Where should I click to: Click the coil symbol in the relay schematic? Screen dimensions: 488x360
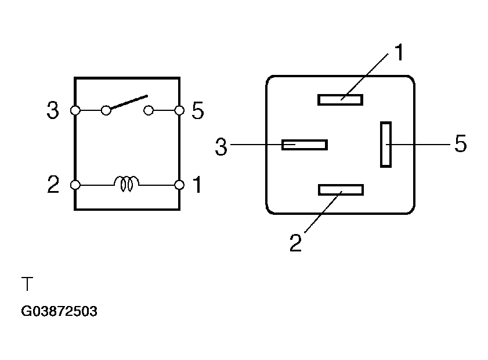(x=126, y=183)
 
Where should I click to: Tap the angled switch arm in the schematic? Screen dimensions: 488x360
(x=129, y=102)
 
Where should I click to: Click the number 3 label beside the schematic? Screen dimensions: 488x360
(x=53, y=110)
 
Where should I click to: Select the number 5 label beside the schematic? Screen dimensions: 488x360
(x=198, y=110)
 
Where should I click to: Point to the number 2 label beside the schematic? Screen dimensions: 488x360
(x=53, y=184)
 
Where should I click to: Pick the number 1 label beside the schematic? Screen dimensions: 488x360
(x=197, y=184)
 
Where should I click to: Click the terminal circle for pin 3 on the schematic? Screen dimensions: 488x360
(x=75, y=110)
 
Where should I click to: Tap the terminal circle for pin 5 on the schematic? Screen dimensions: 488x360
(x=179, y=110)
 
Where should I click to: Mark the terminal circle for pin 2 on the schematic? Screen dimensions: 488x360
(x=75, y=185)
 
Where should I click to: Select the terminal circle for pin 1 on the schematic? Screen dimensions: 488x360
(x=179, y=185)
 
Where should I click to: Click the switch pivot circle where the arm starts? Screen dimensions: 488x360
(x=106, y=110)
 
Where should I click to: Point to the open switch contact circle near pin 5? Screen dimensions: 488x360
(x=149, y=110)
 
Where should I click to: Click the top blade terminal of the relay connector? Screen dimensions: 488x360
(x=340, y=100)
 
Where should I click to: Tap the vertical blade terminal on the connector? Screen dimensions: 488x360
(x=386, y=145)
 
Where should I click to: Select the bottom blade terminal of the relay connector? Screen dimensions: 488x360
(x=341, y=190)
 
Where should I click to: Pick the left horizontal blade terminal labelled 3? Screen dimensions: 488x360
(x=305, y=145)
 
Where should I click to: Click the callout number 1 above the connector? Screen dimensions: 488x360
(x=399, y=52)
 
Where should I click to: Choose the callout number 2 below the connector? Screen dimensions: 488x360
(x=295, y=243)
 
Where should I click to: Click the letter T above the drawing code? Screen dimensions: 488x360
(x=27, y=283)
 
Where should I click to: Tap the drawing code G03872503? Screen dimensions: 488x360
(x=59, y=311)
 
